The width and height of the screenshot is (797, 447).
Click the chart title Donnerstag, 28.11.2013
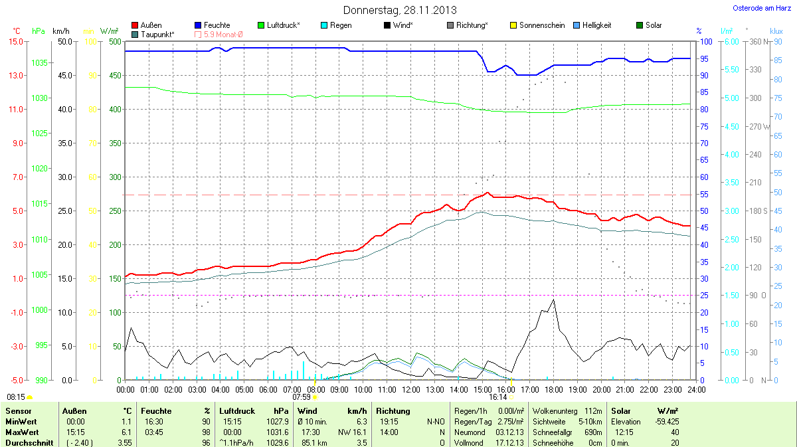pos(399,10)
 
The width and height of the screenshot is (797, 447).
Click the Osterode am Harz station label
pos(762,8)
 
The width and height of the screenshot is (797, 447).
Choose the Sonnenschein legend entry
pos(537,25)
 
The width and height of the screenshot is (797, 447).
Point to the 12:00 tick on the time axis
pos(411,389)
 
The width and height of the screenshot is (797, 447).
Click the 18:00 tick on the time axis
pos(554,389)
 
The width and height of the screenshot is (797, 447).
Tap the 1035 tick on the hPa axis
pos(40,63)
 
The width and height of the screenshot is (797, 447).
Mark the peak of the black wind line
pos(553,300)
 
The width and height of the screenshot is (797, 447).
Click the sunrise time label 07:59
pos(302,397)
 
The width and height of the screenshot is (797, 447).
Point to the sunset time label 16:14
pos(498,397)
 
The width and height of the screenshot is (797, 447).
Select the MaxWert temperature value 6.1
pos(126,432)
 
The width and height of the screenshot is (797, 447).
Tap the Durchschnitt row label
pos(29,442)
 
